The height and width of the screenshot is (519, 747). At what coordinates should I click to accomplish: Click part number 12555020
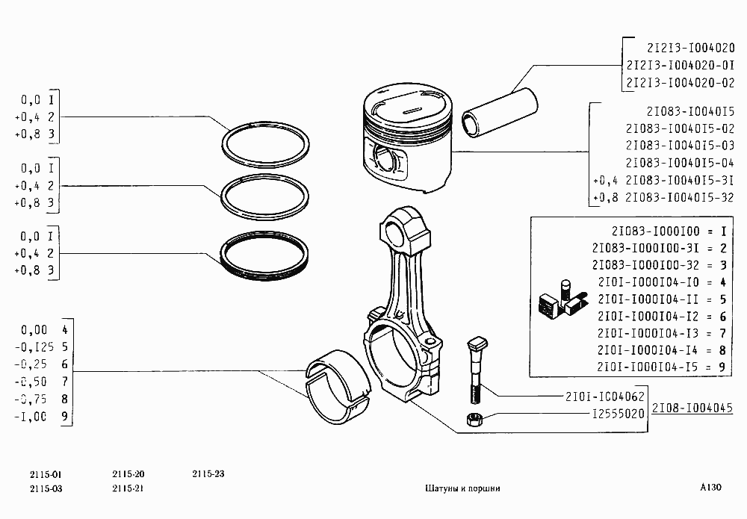[x=618, y=413]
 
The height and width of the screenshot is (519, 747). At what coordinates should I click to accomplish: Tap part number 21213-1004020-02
[x=680, y=81]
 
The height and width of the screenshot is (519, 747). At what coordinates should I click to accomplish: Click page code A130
[x=710, y=487]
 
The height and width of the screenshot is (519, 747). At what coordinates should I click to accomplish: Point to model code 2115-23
[x=208, y=474]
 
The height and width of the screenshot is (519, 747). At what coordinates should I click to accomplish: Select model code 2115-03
[x=46, y=488]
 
